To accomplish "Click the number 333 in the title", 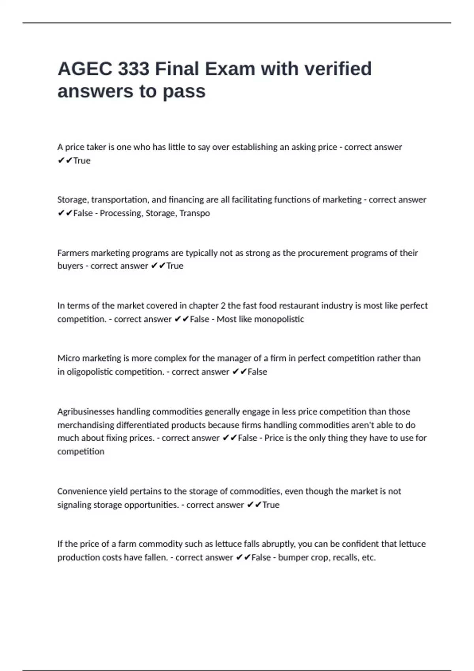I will coord(134,69).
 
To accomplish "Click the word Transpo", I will coord(195,213).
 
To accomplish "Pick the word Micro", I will coord(68,358).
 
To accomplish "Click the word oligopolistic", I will coord(89,372).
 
